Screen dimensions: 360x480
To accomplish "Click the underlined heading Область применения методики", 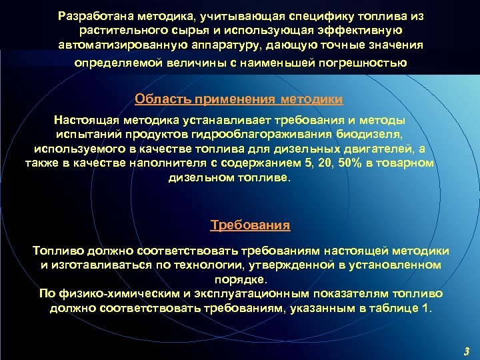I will click(x=239, y=99).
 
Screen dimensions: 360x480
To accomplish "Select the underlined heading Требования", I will click(x=250, y=225).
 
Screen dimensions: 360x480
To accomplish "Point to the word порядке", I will click(x=245, y=279).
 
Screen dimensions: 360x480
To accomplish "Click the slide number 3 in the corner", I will click(x=465, y=351).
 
